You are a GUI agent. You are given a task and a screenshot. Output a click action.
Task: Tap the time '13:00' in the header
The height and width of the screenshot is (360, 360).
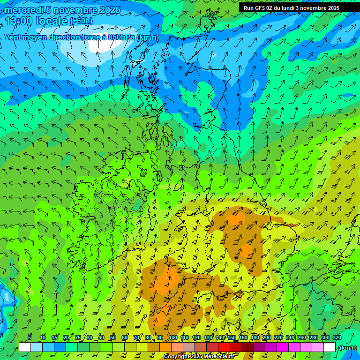(x=19, y=21)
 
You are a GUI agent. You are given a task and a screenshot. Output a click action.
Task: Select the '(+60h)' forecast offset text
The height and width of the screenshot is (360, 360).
(x=81, y=22)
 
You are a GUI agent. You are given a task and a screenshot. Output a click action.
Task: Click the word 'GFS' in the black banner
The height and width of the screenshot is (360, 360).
(x=263, y=8)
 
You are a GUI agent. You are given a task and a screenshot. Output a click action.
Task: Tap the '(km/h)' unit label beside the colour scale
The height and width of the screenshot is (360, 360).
(x=348, y=347)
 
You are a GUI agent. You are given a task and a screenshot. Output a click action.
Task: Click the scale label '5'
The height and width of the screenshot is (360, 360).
(x=30, y=337)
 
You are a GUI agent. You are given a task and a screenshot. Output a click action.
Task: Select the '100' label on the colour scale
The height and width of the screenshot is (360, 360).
(x=173, y=337)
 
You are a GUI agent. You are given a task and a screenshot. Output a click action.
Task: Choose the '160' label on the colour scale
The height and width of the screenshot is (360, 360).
(x=243, y=337)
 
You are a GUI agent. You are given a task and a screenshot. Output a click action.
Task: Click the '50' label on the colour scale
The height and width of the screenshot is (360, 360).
(x=113, y=337)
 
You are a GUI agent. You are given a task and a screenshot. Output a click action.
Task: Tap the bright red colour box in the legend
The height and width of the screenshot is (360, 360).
(x=224, y=347)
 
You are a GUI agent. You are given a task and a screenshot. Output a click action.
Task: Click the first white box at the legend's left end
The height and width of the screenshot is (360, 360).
(x=25, y=347)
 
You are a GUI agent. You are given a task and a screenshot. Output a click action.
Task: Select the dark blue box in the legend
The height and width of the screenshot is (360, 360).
(x=60, y=347)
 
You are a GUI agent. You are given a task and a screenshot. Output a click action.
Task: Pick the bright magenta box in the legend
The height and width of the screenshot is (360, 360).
(x=283, y=347)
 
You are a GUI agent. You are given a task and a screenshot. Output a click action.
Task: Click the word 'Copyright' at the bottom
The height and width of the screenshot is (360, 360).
(x=176, y=357)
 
